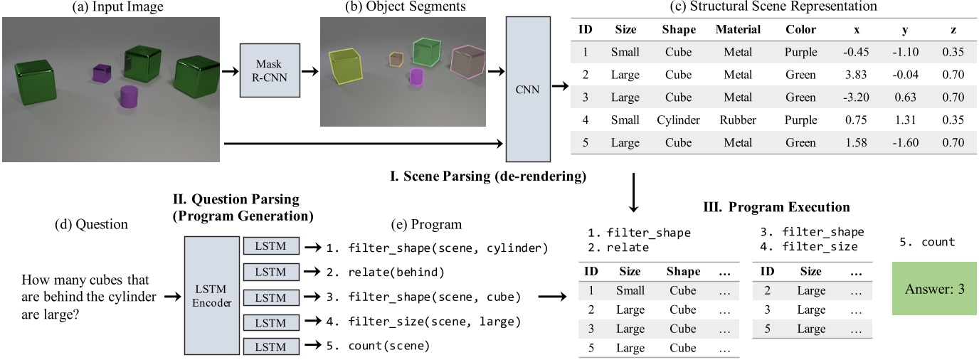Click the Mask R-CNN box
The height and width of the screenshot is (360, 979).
[270, 70]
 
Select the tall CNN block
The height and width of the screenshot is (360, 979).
[528, 89]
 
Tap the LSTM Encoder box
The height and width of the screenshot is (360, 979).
[211, 295]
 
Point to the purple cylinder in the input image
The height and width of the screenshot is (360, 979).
[128, 97]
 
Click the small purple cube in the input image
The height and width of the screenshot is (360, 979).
[103, 73]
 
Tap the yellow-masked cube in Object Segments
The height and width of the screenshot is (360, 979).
[344, 67]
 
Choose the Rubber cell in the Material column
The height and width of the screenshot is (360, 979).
[738, 120]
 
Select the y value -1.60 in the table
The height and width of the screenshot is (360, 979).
[907, 143]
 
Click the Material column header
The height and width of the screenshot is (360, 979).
[738, 30]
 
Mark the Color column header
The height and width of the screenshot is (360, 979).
[800, 30]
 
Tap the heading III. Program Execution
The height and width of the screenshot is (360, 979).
[776, 208]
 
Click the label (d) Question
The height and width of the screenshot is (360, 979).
[91, 224]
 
